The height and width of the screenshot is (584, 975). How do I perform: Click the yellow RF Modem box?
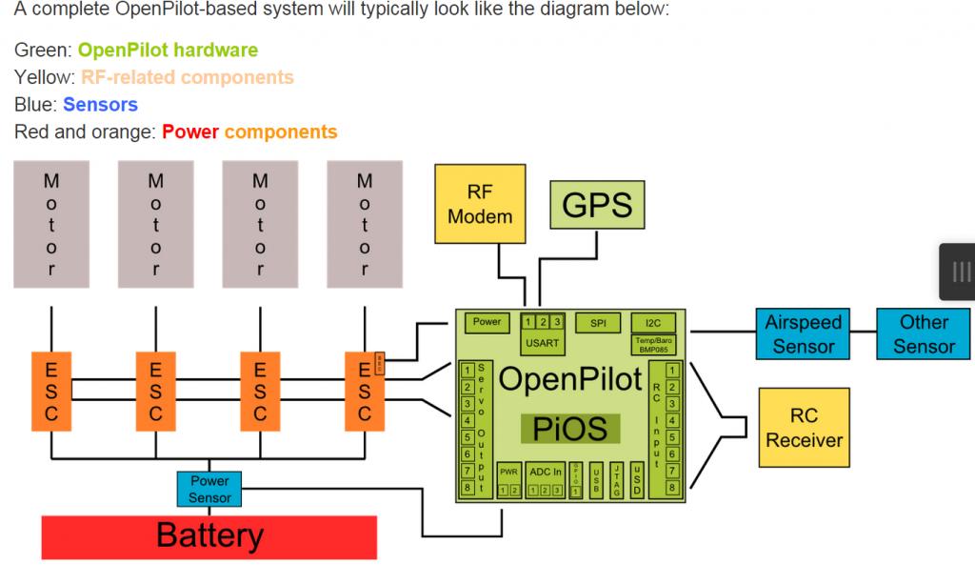click(x=480, y=204)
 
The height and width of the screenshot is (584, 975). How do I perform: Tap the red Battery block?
click(x=209, y=536)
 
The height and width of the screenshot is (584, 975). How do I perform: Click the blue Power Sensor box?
click(x=209, y=490)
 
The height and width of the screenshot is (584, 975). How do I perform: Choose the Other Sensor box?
click(x=923, y=333)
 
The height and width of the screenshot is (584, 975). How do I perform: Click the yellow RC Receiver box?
click(x=804, y=429)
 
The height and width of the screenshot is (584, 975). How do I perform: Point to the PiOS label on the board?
click(x=570, y=428)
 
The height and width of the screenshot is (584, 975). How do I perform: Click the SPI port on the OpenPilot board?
click(x=598, y=323)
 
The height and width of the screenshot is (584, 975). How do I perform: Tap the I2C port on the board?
click(x=653, y=323)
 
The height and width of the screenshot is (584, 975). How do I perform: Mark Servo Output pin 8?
click(x=468, y=488)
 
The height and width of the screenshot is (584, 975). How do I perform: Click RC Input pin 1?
click(x=672, y=370)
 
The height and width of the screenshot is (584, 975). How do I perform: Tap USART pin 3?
click(x=557, y=321)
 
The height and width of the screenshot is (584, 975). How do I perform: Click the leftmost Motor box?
click(x=51, y=224)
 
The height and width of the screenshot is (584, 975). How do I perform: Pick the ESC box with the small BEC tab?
click(x=364, y=388)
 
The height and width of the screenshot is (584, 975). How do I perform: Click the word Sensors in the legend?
click(x=100, y=105)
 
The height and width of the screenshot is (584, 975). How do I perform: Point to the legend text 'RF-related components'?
click(x=188, y=77)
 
